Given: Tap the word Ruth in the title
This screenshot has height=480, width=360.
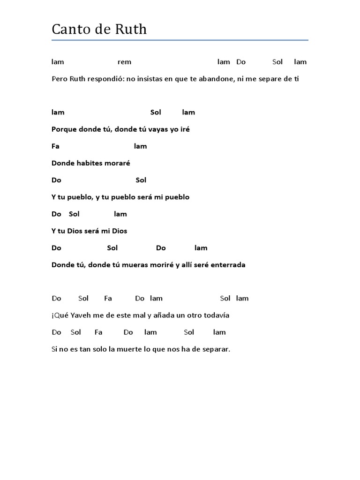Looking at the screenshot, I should pos(131,30).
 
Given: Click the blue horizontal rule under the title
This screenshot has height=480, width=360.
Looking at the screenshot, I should pos(180,40).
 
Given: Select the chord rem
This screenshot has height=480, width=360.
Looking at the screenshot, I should pos(124,62).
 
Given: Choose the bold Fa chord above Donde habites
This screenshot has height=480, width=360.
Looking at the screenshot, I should pos(55,146).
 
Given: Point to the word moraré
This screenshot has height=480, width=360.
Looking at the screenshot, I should pos(119,163).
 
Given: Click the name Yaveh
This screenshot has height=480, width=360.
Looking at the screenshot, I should pos(80,315).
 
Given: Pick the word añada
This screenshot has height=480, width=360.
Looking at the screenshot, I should pos(162,315).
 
